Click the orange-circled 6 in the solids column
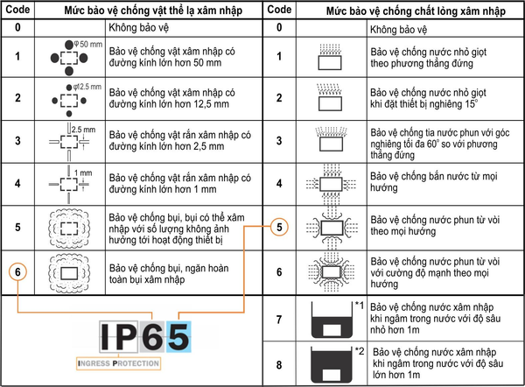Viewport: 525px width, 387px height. point(17,271)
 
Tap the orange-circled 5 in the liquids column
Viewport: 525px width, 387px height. point(279,227)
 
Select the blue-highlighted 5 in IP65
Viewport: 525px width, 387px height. point(178,336)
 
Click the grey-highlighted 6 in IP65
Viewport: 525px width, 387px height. point(152,336)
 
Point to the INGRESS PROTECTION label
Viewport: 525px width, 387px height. point(118,363)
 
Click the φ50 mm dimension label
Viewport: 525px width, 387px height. point(88,45)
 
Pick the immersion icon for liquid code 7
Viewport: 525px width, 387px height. point(332,320)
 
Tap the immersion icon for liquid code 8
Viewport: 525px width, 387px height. point(332,364)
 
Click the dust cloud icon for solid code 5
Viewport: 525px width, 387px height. point(69,228)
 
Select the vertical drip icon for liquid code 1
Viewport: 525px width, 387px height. point(330,57)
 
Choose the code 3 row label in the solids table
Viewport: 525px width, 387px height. point(17,141)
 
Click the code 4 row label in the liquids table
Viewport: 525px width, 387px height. point(279,184)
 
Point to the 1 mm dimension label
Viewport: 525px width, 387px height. point(83,172)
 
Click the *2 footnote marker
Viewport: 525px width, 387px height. point(360,351)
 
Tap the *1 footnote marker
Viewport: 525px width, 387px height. point(360,305)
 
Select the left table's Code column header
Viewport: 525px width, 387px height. point(17,10)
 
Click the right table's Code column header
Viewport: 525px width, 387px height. point(279,10)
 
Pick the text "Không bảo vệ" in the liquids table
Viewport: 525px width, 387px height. point(398,30)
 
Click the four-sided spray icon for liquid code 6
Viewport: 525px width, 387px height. point(331,272)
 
